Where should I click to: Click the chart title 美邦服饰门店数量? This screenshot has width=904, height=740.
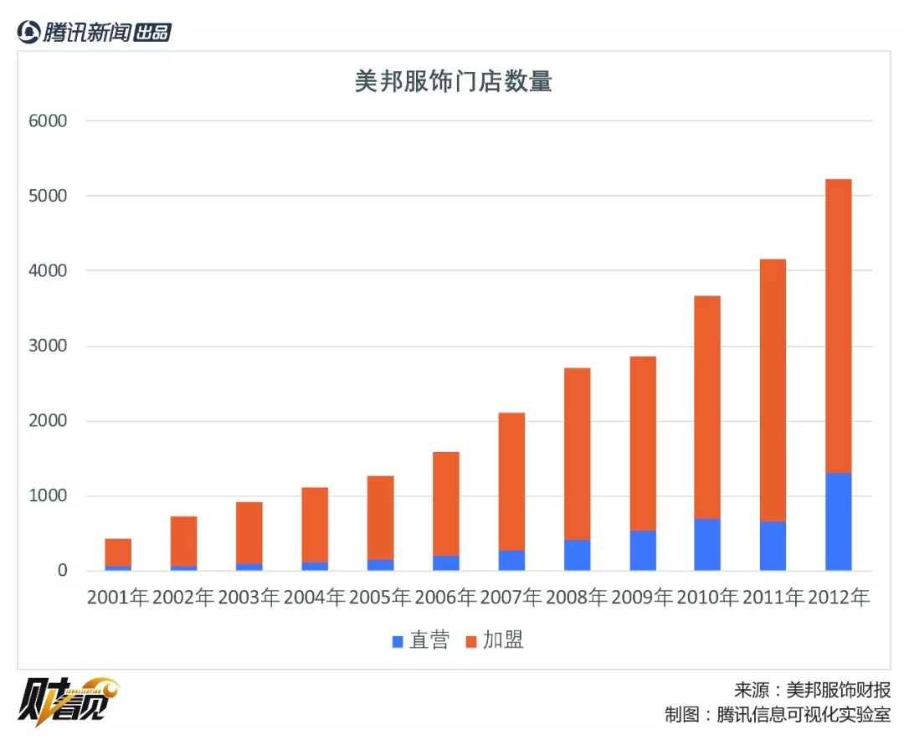point(453,82)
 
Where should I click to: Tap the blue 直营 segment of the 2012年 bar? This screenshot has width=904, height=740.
point(838,522)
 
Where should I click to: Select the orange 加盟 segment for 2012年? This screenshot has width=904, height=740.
point(838,326)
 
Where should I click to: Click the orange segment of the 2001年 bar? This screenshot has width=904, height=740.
point(118,552)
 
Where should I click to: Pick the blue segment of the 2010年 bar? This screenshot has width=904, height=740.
point(707,545)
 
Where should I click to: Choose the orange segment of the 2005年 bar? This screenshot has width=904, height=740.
point(380,517)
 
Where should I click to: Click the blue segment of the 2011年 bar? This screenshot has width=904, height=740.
point(773,546)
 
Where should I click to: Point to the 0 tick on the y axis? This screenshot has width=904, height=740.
point(61,571)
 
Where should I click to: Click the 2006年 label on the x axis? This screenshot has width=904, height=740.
point(445,598)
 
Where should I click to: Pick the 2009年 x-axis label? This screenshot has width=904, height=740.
point(642,598)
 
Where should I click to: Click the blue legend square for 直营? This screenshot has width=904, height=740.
point(398,642)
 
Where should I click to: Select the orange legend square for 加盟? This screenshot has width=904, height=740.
point(470,642)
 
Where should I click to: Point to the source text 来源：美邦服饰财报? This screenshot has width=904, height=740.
point(812,690)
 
